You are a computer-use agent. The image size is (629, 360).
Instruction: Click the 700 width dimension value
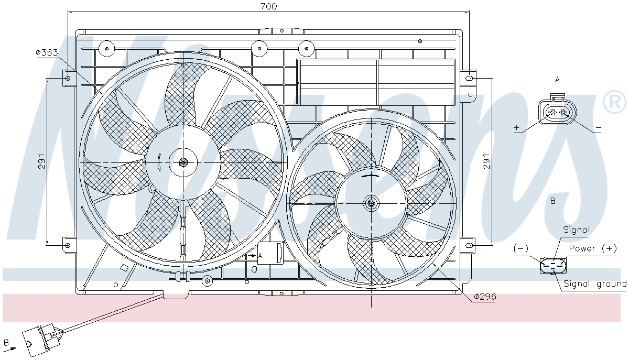click(268, 6)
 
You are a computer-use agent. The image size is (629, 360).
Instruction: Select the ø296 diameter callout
click(484, 297)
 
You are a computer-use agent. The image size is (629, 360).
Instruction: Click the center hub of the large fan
click(183, 162)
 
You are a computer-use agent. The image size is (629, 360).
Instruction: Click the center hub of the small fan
click(372, 203)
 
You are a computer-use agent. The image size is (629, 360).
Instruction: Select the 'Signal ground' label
click(594, 284)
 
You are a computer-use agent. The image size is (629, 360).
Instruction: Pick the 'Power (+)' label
click(593, 248)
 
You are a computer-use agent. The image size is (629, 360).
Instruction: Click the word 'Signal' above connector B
click(576, 230)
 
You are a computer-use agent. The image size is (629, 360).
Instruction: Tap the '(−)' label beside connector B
click(520, 248)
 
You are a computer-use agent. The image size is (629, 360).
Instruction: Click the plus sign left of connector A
click(517, 128)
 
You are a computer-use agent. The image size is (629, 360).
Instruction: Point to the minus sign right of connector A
click(598, 128)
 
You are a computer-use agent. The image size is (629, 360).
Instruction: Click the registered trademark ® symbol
click(614, 102)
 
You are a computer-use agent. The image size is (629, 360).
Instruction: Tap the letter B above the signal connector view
click(552, 201)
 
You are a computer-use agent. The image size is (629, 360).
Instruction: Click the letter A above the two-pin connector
click(557, 80)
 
